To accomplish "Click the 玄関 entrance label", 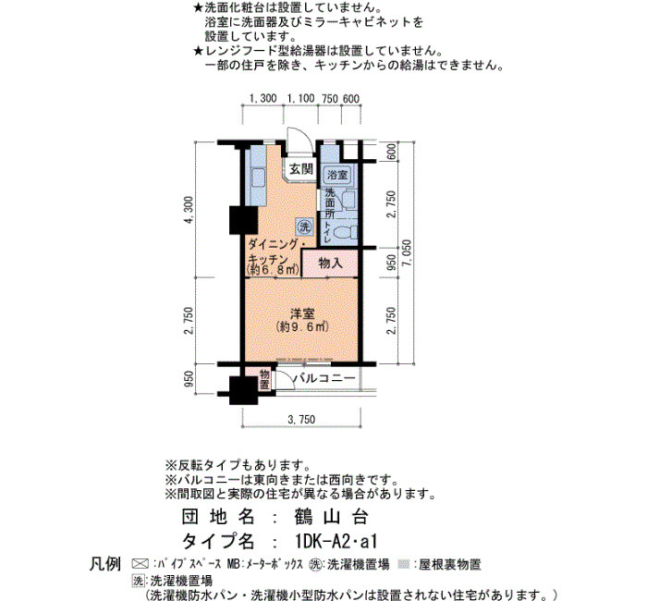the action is click(x=300, y=169).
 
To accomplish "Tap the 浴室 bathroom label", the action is click(x=337, y=175).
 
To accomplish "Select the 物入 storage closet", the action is click(x=330, y=263).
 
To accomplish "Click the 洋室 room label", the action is click(x=302, y=313).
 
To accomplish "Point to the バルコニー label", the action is click(x=323, y=377).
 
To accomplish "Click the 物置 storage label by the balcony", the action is click(x=264, y=379).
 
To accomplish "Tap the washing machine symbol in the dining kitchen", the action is click(x=304, y=227).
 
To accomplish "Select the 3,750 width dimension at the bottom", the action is click(x=301, y=420).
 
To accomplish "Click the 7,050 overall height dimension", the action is click(x=407, y=253).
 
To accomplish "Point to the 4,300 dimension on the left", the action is click(x=189, y=210).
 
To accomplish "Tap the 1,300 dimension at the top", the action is click(x=262, y=99).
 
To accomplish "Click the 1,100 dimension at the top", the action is click(x=300, y=99).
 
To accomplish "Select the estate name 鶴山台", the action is click(x=331, y=517).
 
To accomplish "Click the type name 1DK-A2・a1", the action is click(x=336, y=541).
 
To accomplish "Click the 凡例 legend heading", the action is click(x=105, y=564).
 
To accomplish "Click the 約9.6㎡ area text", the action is click(x=302, y=326).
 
